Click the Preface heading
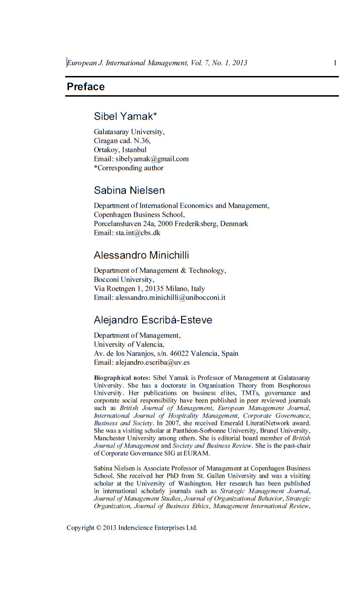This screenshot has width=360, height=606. pos(85,87)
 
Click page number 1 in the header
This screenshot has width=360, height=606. pos(335,62)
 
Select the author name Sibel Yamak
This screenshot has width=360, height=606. pos(125,116)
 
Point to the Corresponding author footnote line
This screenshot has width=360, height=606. pos(129,167)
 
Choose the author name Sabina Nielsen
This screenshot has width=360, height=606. pos(129,190)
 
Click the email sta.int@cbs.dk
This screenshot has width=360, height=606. pos(138,232)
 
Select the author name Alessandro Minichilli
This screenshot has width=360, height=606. pos(141,255)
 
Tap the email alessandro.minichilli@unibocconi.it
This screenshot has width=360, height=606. pos(170,297)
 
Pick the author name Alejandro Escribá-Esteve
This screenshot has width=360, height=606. pos(153,320)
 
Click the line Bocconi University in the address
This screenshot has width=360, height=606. pos(124,280)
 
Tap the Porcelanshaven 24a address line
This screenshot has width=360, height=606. pos(171,224)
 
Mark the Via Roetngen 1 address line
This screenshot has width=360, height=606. pos(149,288)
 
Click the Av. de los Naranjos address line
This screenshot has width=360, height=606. pos(166,353)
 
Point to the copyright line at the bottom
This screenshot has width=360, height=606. pos(132,528)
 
